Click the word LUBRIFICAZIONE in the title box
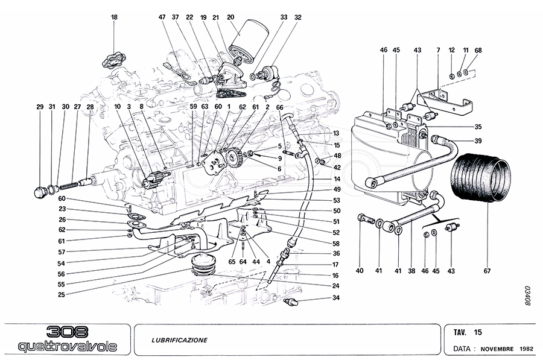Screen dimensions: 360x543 [179, 340]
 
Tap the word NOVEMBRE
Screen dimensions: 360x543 [497, 349]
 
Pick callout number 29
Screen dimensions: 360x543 [40, 107]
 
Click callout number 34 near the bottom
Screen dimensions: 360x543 [336, 298]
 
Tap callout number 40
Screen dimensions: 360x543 [360, 271]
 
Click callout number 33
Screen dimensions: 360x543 [284, 17]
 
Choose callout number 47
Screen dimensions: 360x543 [162, 17]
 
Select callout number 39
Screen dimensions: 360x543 [478, 141]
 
